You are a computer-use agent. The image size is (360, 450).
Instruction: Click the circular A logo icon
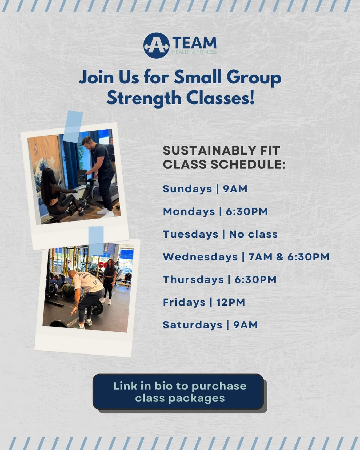(156, 46)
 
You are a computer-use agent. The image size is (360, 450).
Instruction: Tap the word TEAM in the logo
(194, 43)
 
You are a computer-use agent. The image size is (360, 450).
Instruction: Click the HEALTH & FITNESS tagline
(194, 52)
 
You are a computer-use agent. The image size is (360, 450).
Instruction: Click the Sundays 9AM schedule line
(205, 189)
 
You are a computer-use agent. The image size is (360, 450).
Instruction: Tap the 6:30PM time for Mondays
(247, 211)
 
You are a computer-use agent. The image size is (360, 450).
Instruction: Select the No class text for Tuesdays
(253, 234)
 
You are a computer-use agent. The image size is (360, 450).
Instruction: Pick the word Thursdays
(193, 279)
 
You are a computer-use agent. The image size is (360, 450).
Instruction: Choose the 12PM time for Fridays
(230, 302)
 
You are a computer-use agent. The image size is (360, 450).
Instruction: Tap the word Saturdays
(193, 325)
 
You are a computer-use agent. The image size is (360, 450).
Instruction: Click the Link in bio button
(178, 392)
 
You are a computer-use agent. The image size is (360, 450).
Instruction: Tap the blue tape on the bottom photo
(96, 240)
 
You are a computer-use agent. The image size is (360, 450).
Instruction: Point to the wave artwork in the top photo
(45, 173)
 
